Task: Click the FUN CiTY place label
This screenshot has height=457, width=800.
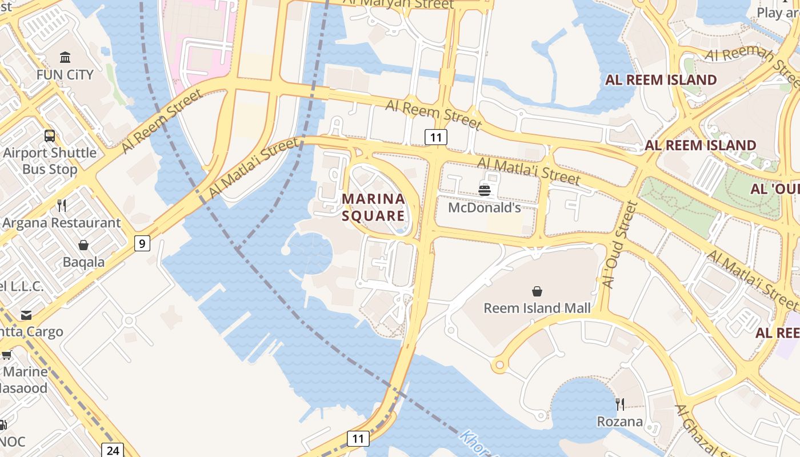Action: point(65,75)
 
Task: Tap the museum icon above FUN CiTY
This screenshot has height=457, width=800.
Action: point(65,57)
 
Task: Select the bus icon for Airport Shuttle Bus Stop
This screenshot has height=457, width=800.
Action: point(50,136)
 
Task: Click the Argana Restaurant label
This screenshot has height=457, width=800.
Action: point(62,223)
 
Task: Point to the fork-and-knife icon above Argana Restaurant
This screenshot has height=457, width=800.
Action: point(62,206)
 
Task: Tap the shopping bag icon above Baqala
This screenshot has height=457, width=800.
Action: point(83,245)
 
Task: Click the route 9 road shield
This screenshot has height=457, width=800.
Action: point(142,243)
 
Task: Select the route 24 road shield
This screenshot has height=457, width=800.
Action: point(113,450)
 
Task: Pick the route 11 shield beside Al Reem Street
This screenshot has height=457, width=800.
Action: point(436,137)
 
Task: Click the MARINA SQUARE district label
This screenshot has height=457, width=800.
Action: point(373,207)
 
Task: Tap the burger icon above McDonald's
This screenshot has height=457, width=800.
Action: point(485,190)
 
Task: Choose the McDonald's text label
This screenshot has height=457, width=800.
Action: point(485,207)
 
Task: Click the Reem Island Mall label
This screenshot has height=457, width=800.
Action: point(537,308)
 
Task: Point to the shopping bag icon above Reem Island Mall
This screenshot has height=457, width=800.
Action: point(537,292)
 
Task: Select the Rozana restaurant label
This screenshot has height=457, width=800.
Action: point(620,422)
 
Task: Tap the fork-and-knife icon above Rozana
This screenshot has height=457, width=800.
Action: point(620,404)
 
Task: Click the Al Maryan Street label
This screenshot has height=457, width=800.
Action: point(398,5)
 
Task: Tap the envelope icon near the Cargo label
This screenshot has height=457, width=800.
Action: point(26,315)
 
